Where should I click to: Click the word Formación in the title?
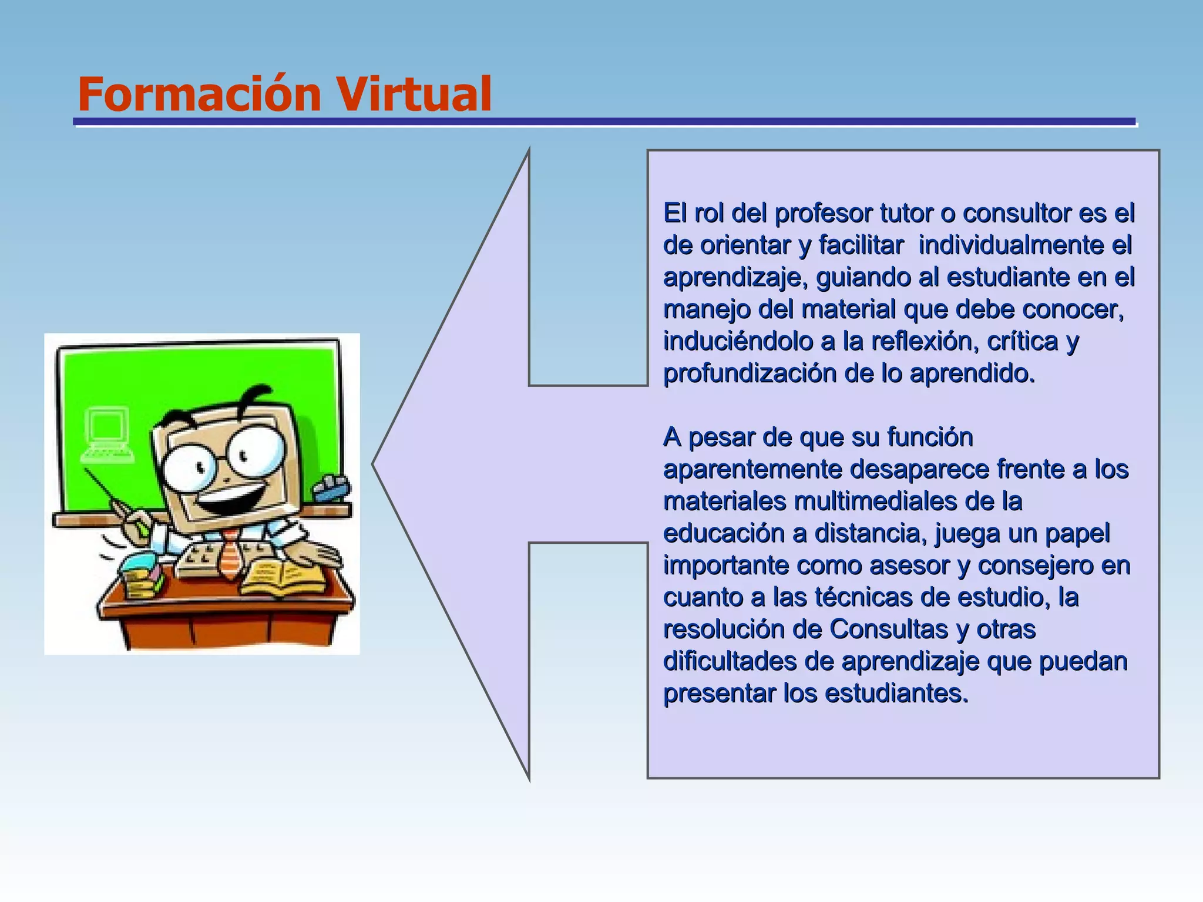tap(199, 94)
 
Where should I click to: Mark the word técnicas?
tap(863, 598)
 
